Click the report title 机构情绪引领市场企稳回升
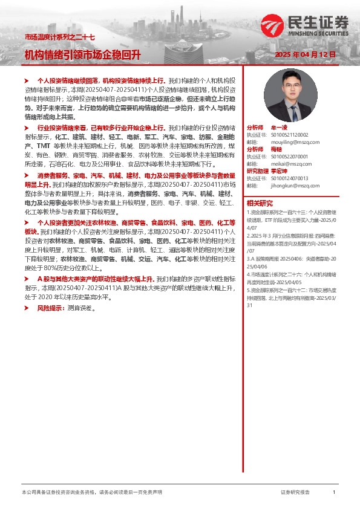82,54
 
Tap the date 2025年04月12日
305,54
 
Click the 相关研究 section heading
260,203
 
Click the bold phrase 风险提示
49,308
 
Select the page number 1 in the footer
334,492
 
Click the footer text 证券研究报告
295,492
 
